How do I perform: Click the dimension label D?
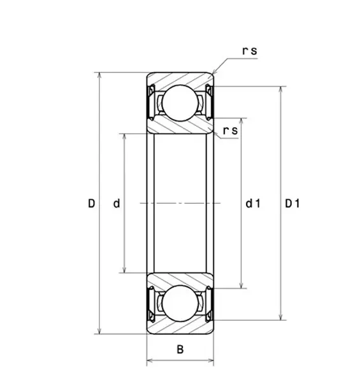pos(91,204)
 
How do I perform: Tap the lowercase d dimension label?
pos(117,204)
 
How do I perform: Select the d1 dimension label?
pos(253,204)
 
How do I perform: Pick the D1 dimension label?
pos(292,204)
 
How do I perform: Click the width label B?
pos(180,350)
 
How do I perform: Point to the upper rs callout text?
pos(250,51)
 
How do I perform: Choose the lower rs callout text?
pos(230,131)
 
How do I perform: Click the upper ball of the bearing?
pos(180,103)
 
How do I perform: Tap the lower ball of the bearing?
pos(180,303)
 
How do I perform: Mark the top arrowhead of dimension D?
pos(99,75)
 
